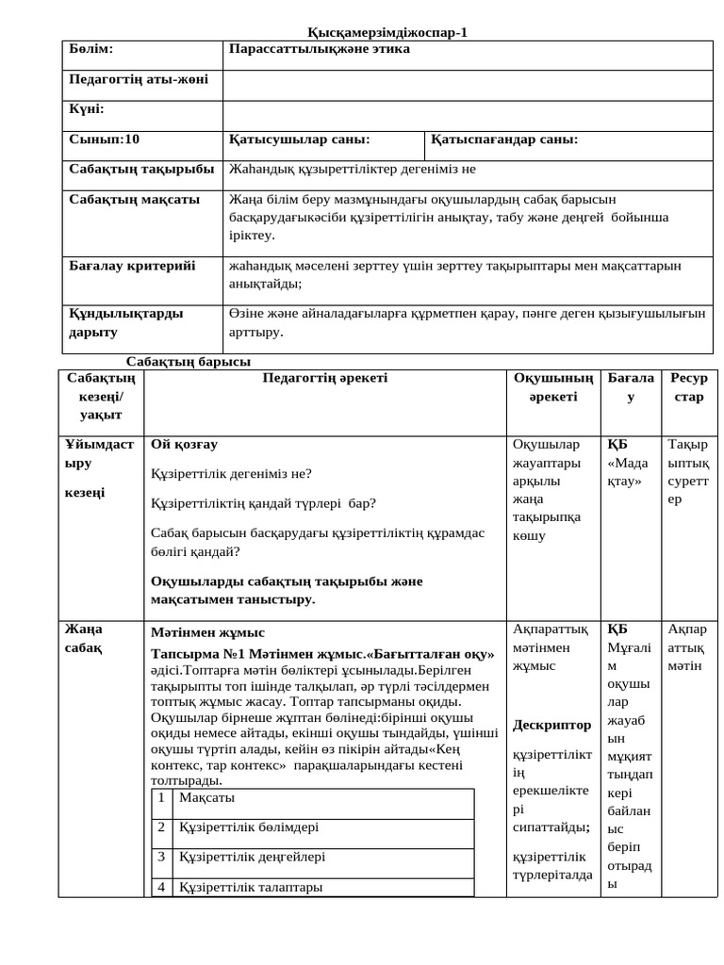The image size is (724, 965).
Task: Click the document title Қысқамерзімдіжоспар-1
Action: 387,33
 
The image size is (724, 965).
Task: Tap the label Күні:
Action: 87,109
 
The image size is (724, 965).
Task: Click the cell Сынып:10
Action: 105,139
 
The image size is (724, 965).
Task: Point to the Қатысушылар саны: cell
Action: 300,139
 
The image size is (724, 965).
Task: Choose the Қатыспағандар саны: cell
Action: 504,139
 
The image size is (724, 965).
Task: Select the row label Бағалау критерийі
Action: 132,266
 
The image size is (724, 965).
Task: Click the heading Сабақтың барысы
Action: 188,362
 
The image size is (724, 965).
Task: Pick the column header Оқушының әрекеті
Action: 552,387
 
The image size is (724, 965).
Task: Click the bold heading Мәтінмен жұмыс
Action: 208,632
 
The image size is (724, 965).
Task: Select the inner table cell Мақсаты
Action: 206,798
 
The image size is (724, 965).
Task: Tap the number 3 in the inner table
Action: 161,857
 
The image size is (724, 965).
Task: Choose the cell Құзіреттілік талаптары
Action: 251,887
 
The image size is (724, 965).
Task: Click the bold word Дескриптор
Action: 552,725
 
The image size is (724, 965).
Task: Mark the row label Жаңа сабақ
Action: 84,638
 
